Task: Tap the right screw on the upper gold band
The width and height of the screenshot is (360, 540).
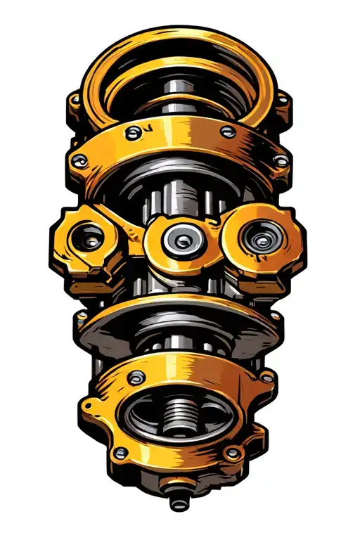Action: (226, 131)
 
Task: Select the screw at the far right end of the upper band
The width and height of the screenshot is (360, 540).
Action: (281, 161)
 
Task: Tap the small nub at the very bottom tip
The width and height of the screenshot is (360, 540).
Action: (176, 504)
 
